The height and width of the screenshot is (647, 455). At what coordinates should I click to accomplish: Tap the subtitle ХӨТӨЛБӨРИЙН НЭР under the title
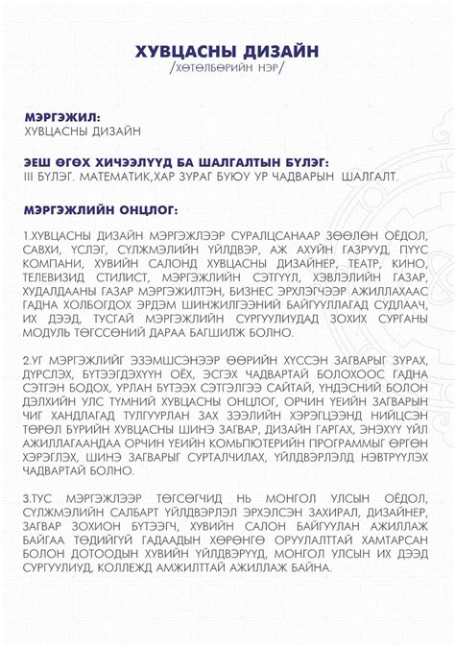coord(227,72)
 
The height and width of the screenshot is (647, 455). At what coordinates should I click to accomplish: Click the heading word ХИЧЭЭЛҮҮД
coord(136,162)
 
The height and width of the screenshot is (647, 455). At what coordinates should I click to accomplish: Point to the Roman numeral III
coord(31,177)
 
